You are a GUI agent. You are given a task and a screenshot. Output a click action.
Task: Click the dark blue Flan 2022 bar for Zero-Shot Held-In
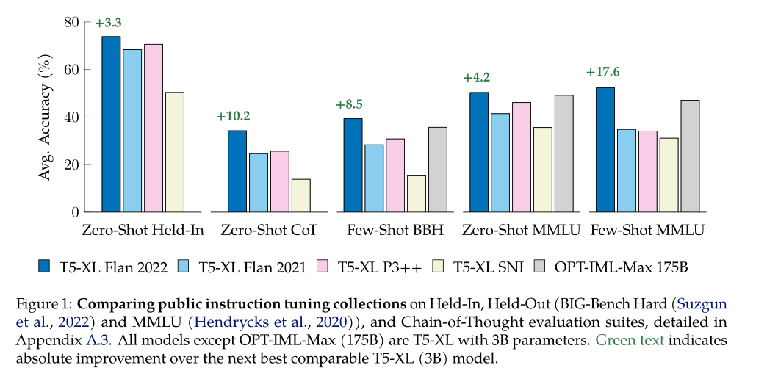111,124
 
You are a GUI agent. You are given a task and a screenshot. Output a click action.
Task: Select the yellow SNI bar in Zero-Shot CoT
301,195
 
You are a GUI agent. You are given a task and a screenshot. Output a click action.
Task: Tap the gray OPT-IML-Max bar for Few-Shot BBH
438,170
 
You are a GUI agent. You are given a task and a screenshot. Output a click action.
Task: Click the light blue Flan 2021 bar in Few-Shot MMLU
627,170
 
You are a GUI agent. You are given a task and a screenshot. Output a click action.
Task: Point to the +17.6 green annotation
602,72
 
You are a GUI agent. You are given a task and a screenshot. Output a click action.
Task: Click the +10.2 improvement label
234,116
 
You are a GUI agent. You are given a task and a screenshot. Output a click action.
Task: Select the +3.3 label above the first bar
108,23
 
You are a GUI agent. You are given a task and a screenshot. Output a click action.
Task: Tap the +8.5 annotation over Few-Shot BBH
349,104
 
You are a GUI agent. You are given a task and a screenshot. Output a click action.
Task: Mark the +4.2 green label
477,78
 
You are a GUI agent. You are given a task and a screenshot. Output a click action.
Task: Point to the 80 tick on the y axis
71,22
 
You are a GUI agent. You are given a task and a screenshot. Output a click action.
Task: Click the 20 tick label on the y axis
71,164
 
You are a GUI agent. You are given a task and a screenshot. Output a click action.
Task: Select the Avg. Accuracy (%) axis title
46,117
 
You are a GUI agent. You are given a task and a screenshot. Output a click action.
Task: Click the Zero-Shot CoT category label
269,231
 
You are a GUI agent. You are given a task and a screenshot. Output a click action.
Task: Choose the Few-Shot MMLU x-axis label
647,231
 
